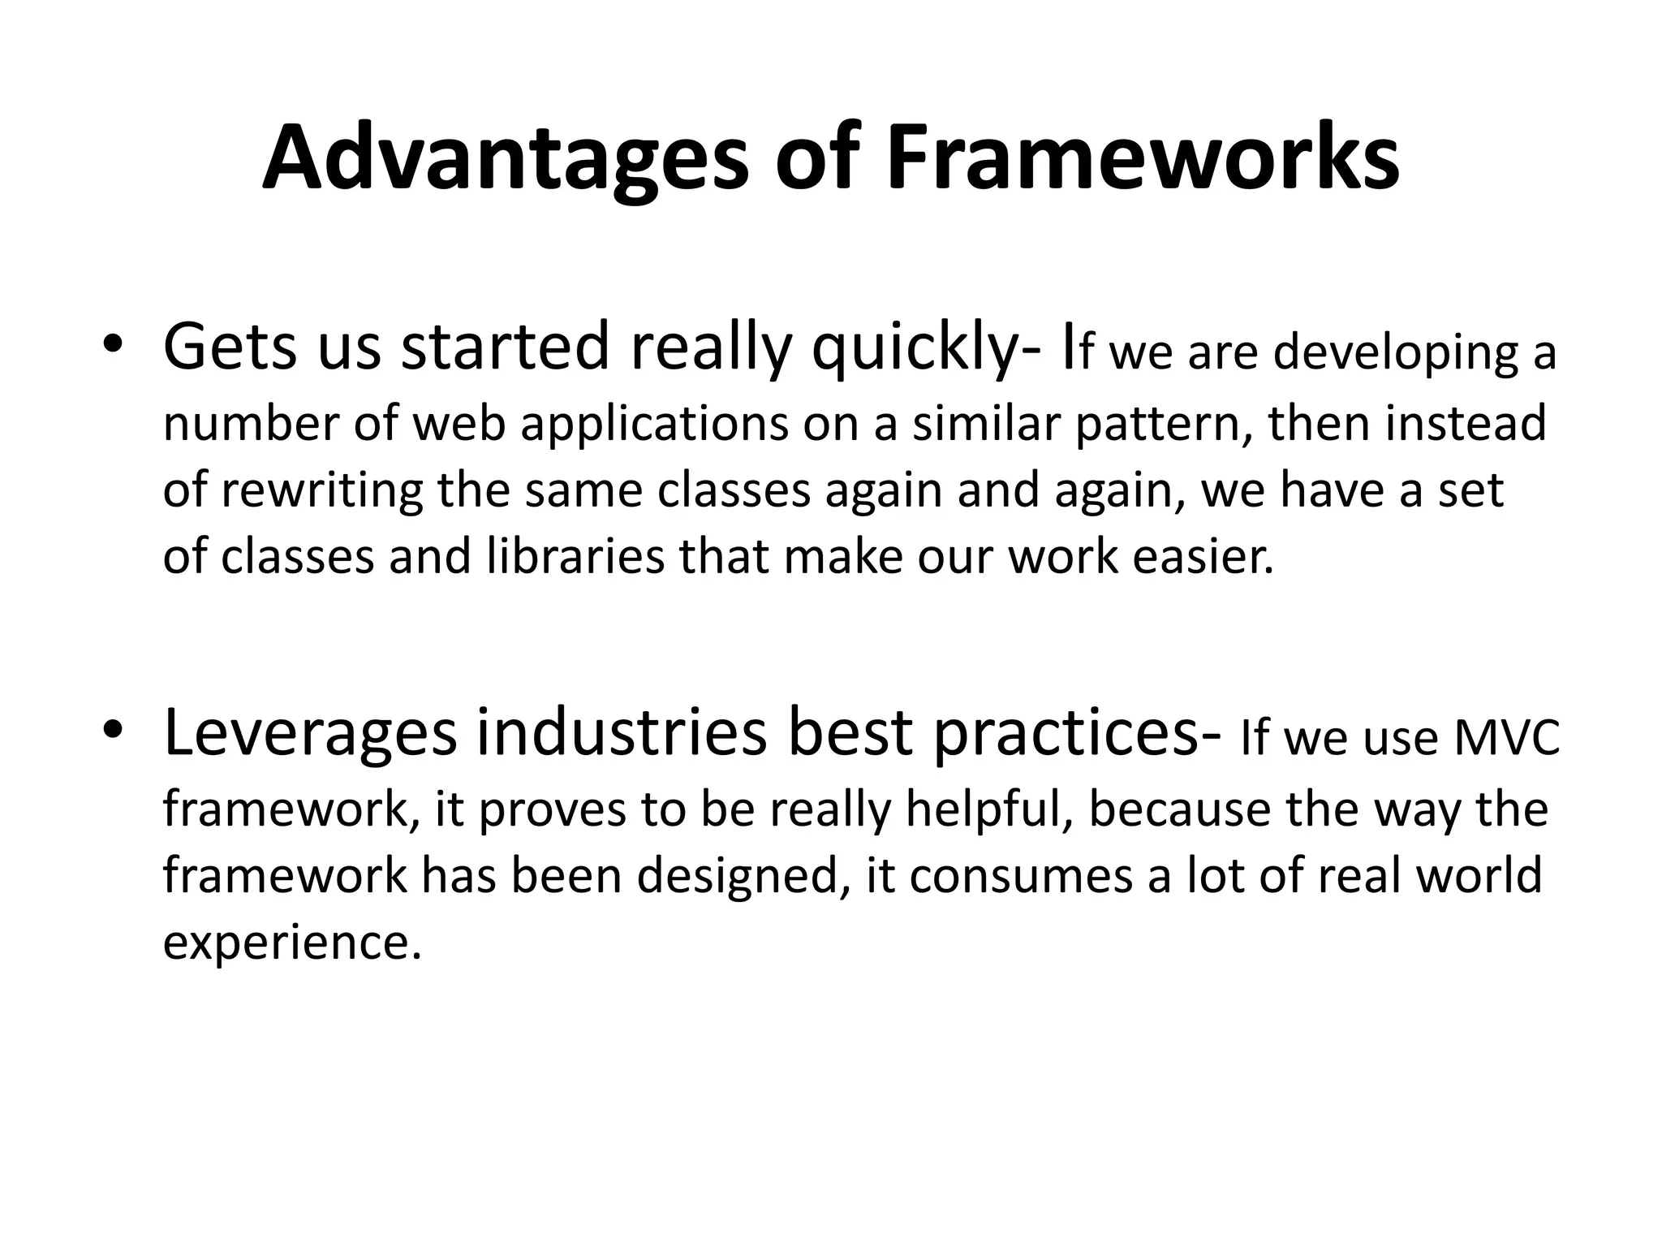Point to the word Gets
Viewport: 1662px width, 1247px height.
tap(230, 347)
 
